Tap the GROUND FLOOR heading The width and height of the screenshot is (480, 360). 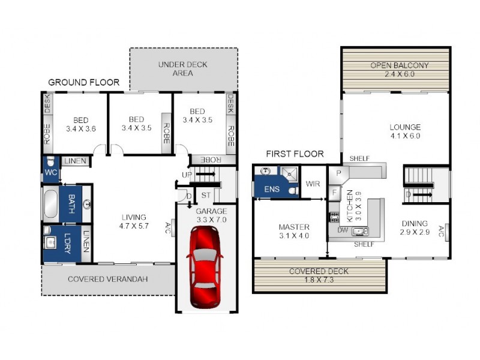[83, 82]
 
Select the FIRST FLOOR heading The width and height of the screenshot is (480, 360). [295, 154]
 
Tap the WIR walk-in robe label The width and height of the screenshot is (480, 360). [312, 184]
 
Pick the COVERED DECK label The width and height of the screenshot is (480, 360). [319, 271]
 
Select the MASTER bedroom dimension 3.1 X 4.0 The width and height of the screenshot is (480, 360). [293, 236]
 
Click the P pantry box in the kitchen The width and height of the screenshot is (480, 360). [338, 172]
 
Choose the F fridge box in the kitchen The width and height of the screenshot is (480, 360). [334, 193]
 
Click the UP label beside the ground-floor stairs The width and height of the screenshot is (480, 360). [186, 175]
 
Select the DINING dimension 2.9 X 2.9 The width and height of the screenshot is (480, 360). [415, 232]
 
